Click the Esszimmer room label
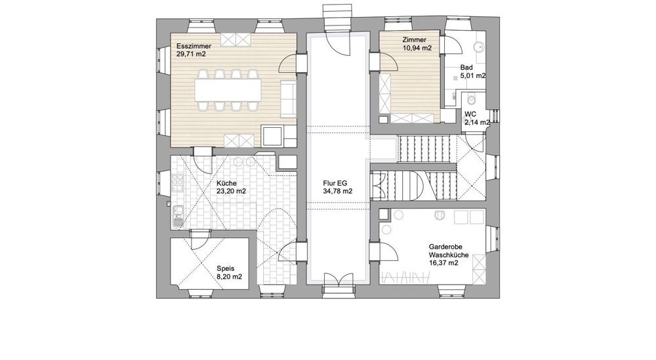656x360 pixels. click(x=194, y=47)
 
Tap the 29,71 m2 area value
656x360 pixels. click(x=191, y=54)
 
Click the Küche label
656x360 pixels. click(x=227, y=184)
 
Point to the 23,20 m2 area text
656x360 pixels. click(x=231, y=191)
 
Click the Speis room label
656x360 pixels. click(x=226, y=269)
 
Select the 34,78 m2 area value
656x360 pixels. click(x=337, y=191)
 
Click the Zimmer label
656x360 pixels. click(x=414, y=40)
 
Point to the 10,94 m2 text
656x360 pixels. click(x=417, y=48)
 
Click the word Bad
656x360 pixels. click(x=466, y=68)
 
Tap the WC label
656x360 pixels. click(x=470, y=114)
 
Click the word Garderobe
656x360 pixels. click(x=445, y=247)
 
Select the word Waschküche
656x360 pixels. click(x=449, y=255)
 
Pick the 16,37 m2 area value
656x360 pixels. click(x=443, y=263)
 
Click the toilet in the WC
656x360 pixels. click(x=472, y=98)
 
